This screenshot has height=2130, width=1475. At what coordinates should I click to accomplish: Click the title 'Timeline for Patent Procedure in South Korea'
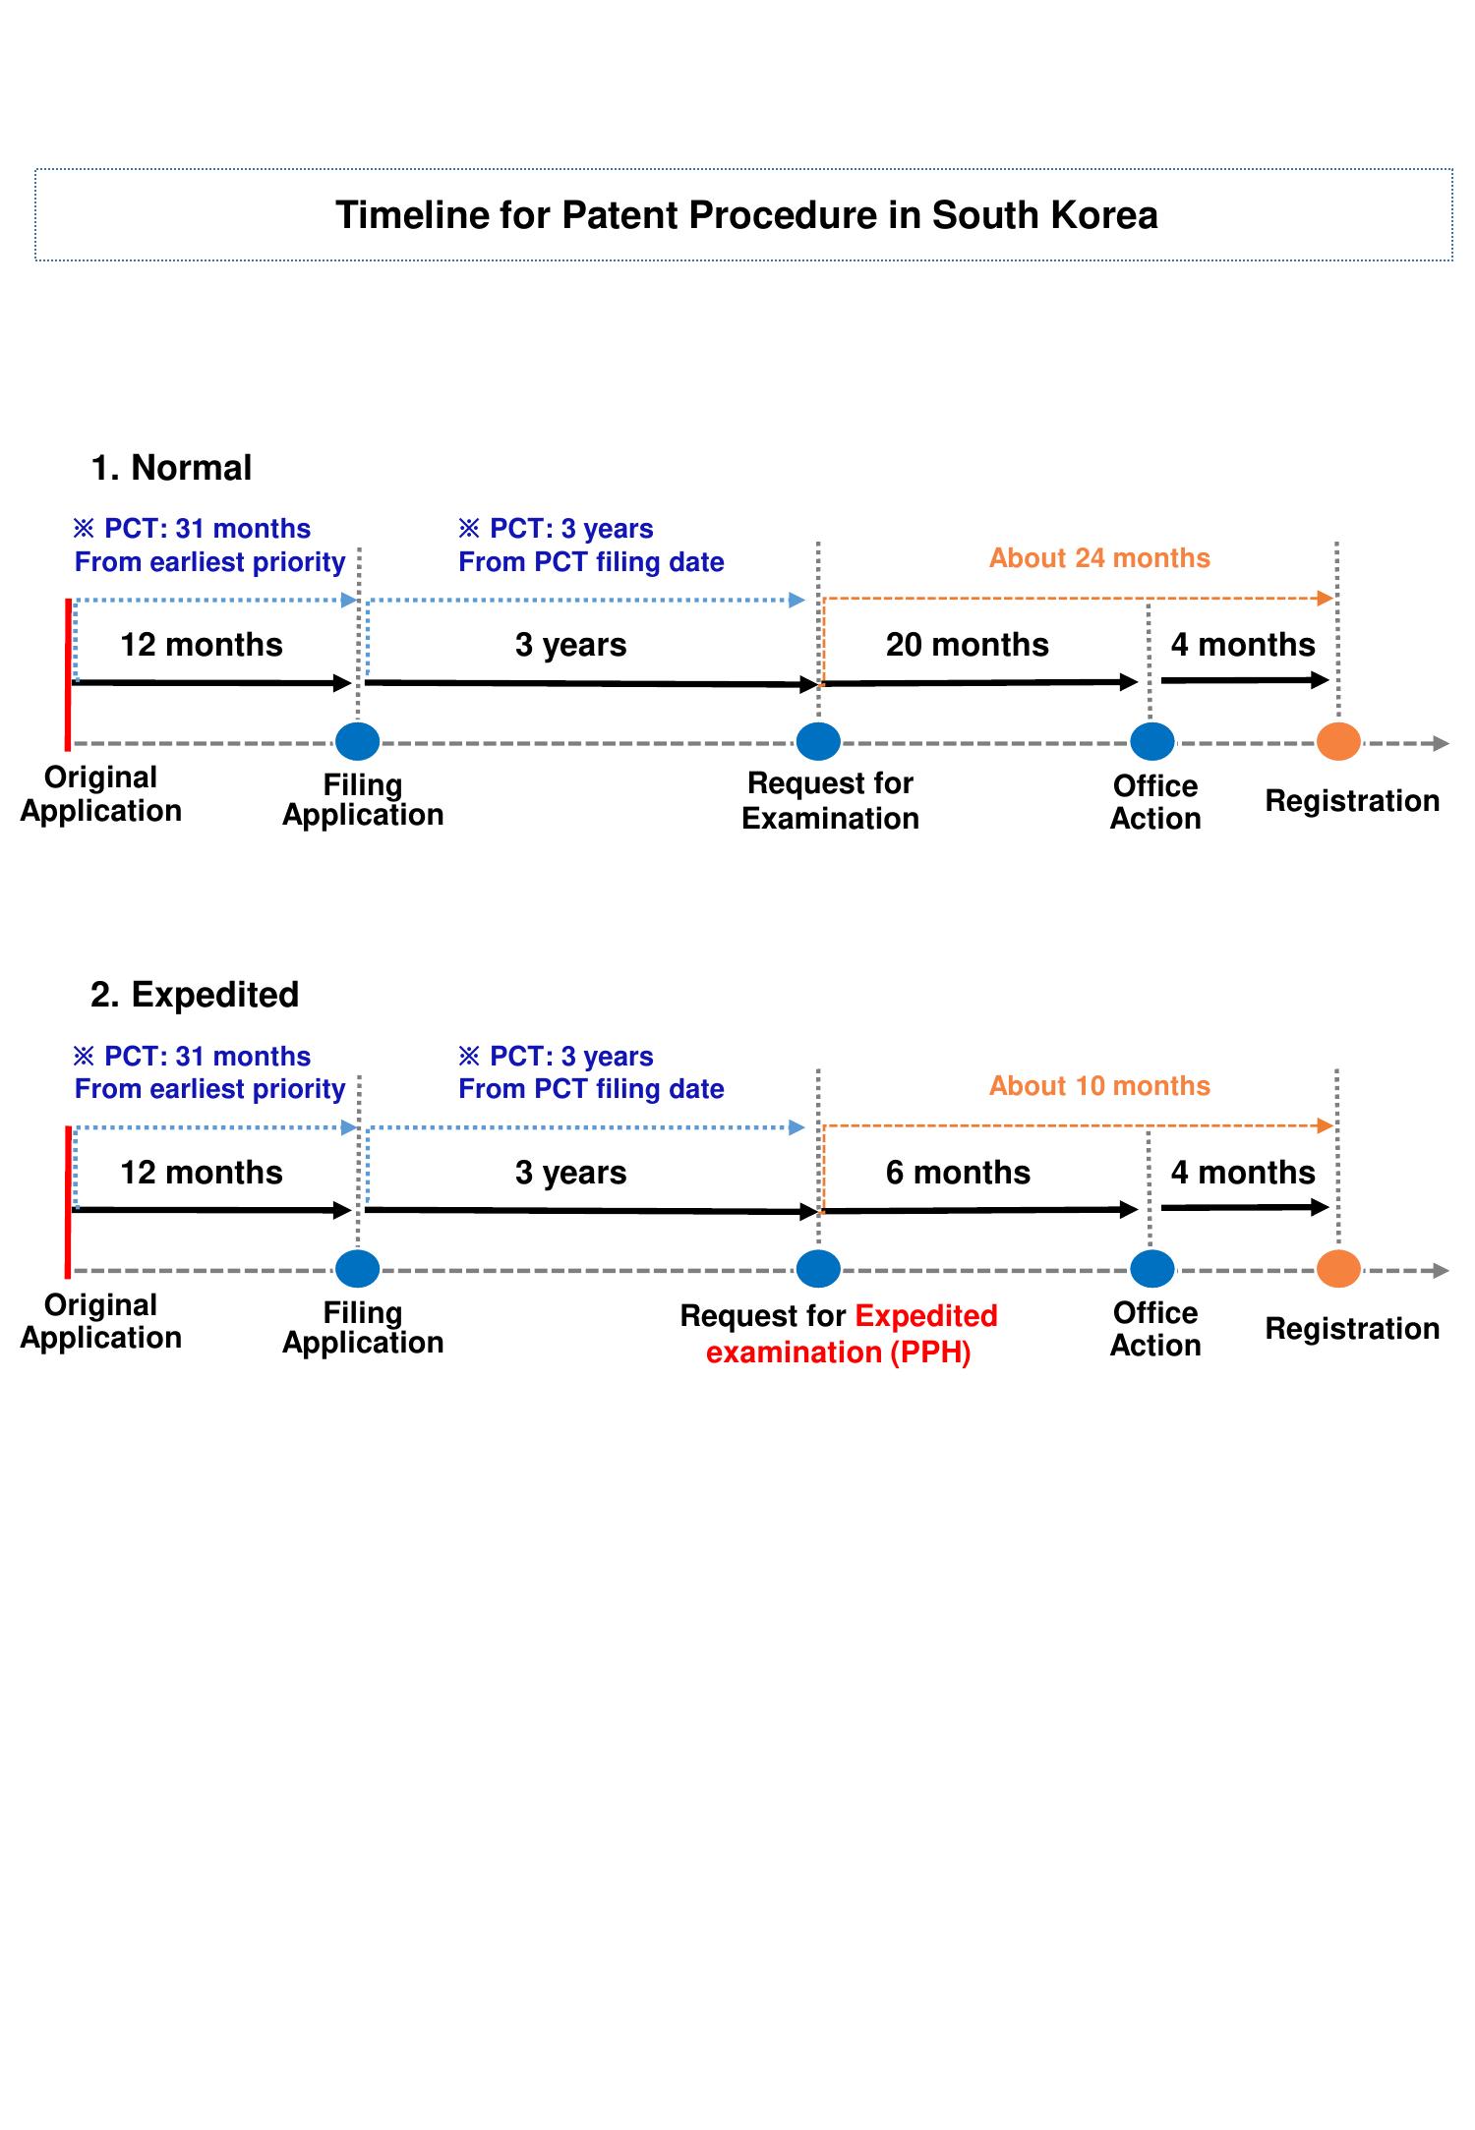746,215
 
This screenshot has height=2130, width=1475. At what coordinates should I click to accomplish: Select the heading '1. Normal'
171,468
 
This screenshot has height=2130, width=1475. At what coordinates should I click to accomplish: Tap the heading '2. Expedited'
195,995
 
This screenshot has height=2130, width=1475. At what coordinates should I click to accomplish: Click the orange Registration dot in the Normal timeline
1337,742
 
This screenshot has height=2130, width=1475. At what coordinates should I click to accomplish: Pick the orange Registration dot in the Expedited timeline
1337,1269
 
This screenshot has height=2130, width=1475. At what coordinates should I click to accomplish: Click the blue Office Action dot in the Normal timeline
1151,742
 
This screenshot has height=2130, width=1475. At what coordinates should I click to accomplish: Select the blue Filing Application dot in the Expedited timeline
358,1269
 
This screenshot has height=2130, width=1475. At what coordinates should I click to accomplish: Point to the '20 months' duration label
967,645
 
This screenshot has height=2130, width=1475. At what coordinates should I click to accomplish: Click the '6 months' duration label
958,1173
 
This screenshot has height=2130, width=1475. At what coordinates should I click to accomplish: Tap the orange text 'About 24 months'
1099,558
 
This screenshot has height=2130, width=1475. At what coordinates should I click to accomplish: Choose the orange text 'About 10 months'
1099,1086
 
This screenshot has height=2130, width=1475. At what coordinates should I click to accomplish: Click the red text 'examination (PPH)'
838,1353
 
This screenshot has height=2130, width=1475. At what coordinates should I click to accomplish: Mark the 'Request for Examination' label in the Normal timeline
830,801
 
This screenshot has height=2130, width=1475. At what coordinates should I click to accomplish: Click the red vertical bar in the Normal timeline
68,673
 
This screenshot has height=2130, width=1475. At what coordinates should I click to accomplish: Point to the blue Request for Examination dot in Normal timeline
818,742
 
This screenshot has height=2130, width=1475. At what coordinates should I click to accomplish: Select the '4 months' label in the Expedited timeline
1243,1173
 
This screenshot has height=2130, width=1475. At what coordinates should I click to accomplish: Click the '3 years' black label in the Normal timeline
570,645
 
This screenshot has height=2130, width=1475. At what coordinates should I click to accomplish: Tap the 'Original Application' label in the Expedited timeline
101,1321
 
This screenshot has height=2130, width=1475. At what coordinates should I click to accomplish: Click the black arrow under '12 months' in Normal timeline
211,682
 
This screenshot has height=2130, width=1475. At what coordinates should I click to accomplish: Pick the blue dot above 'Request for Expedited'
818,1269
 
